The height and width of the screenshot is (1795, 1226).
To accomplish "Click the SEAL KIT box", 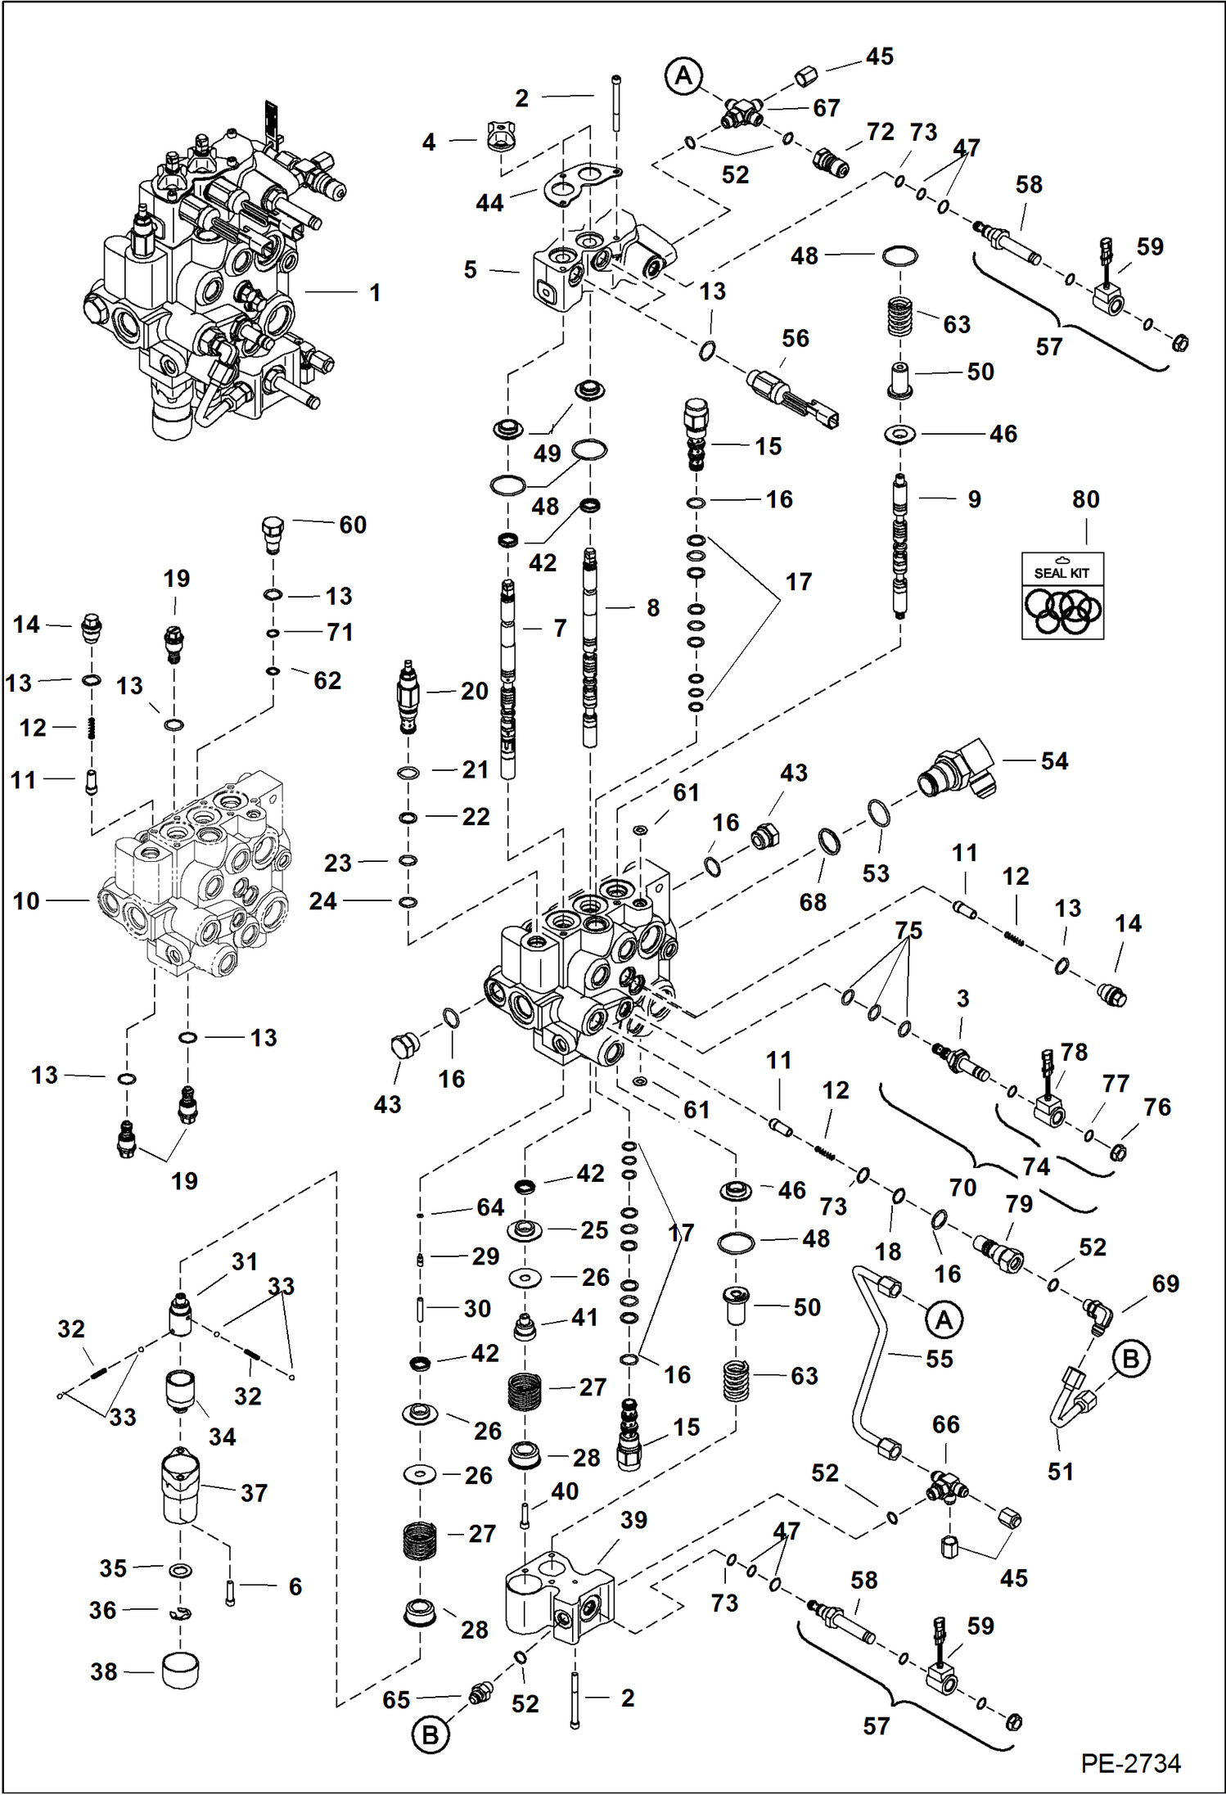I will tap(1062, 596).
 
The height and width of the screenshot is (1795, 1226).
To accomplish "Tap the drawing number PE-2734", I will tap(1130, 1762).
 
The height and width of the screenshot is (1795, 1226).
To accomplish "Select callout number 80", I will tap(1085, 499).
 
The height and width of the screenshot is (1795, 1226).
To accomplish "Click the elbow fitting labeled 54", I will tap(958, 772).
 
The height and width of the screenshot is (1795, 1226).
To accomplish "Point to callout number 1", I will tap(375, 292).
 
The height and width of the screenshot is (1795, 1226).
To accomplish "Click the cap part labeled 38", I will tap(180, 1670).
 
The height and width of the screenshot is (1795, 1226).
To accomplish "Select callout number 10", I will tap(26, 901).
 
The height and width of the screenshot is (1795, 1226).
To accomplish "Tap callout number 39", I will tap(633, 1520).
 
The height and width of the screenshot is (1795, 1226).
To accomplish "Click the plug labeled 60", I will tap(273, 533).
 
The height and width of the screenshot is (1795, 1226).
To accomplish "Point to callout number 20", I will tap(474, 691).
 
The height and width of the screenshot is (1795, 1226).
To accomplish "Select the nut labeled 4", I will tap(499, 138).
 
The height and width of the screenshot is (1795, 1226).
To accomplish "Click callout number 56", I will tap(795, 338).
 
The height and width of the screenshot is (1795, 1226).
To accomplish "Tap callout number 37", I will tap(254, 1493).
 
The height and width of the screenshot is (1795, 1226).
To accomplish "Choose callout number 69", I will tap(1165, 1283).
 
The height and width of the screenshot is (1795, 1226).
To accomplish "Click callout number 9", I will tap(974, 499).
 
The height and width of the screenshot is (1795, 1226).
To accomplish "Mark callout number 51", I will tap(1061, 1472).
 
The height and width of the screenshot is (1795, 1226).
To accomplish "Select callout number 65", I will tap(396, 1700).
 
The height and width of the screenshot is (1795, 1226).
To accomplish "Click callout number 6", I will tap(295, 1586).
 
